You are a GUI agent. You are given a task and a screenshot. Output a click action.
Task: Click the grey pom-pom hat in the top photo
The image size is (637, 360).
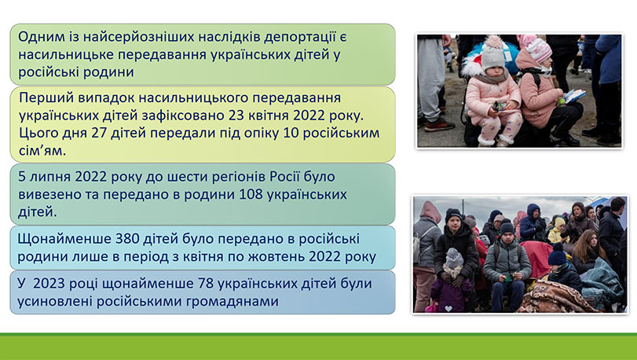(x=492, y=54)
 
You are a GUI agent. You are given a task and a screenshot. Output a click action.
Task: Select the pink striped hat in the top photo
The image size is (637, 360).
(x=536, y=50)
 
